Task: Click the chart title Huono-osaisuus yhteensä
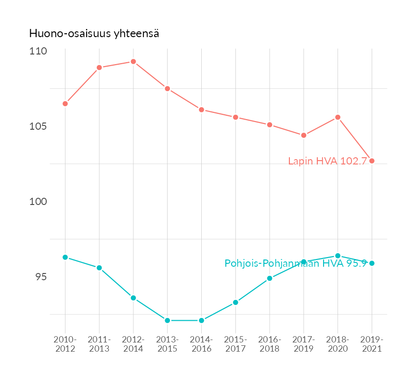tap(94, 33)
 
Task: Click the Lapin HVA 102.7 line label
tap(328, 161)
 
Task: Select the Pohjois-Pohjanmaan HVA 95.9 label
tap(296, 263)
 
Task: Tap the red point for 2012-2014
tap(133, 62)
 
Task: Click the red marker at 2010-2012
tap(65, 104)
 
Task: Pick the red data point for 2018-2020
tap(338, 117)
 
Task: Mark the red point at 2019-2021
tap(372, 161)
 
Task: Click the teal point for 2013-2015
tap(168, 320)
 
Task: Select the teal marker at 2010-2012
tap(65, 257)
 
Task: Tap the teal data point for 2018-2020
tap(338, 256)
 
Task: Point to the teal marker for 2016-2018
tap(270, 278)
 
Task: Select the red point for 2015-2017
tap(235, 117)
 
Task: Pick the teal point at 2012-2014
tap(133, 298)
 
